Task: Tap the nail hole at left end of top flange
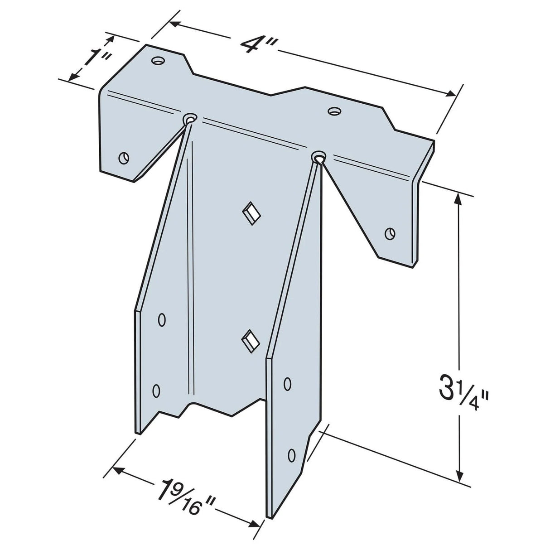point(158,60)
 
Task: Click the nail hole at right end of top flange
point(335,110)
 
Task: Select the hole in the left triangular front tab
point(122,158)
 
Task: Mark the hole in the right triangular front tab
point(388,233)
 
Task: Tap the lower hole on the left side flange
point(156,390)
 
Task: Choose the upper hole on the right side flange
point(287,383)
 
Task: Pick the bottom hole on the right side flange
point(291,454)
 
